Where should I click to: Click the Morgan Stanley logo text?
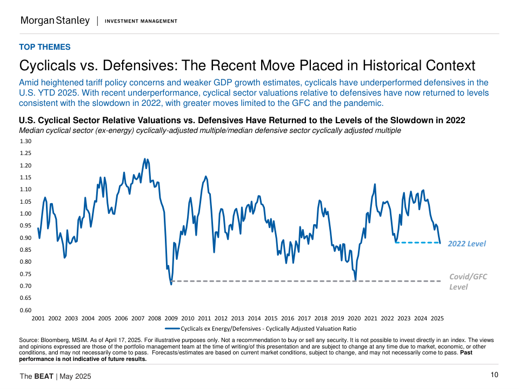[55, 21]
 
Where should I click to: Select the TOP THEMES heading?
[45, 47]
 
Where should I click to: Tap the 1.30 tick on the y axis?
[25, 141]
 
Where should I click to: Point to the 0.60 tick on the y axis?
[25, 310]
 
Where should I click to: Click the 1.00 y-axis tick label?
[25, 213]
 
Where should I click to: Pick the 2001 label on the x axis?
[38, 319]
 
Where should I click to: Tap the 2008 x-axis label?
[155, 319]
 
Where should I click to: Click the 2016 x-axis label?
[288, 319]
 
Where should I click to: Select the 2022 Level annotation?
[467, 244]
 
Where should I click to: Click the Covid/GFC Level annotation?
[468, 281]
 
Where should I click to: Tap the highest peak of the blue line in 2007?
[144, 159]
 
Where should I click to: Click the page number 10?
[494, 375]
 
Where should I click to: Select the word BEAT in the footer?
[44, 376]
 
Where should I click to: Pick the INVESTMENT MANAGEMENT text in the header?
[141, 21]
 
